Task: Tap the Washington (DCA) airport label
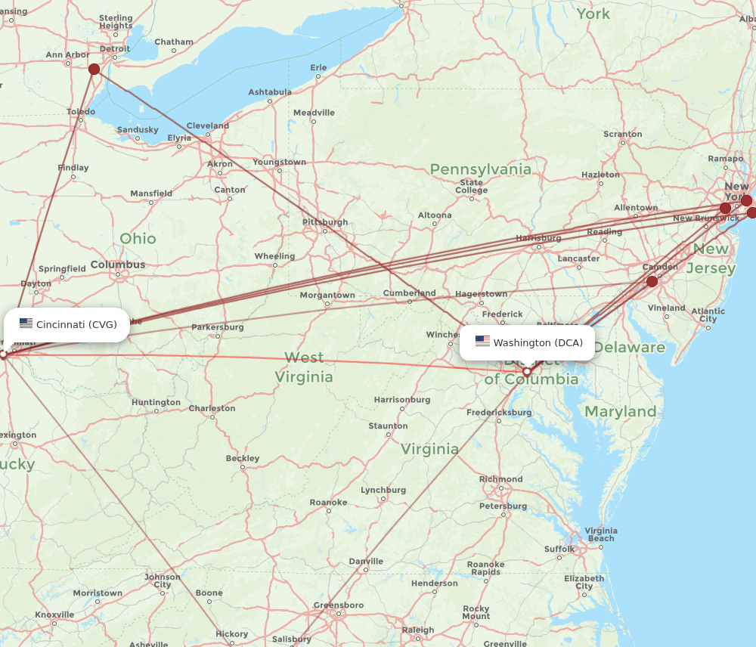point(528,342)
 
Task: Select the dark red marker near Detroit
point(94,70)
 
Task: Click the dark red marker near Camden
point(652,281)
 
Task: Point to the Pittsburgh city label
point(325,222)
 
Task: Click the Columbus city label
point(118,265)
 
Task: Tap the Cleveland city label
point(207,125)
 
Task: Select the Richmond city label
point(500,479)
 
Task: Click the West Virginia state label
point(304,367)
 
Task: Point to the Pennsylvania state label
point(481,169)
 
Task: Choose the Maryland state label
point(621,412)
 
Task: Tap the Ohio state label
point(138,239)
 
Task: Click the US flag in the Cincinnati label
point(26,323)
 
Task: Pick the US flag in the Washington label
point(482,342)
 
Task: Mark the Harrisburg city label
point(539,238)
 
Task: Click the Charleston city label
point(212,408)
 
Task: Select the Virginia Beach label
point(601,534)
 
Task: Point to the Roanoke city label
point(328,503)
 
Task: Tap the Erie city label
point(318,68)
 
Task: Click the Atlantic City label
point(708,314)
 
